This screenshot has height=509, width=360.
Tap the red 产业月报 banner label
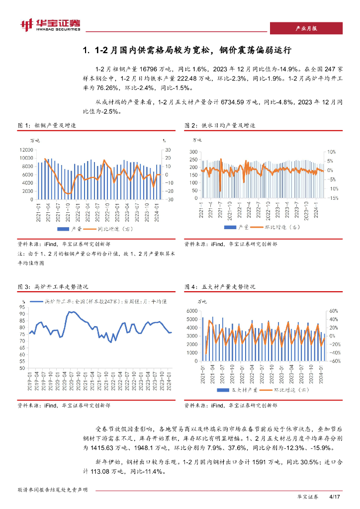306,28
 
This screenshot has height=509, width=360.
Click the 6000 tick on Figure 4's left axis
191,311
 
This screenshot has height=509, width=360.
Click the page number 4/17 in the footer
334,497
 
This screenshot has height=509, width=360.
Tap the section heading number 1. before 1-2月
87,51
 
